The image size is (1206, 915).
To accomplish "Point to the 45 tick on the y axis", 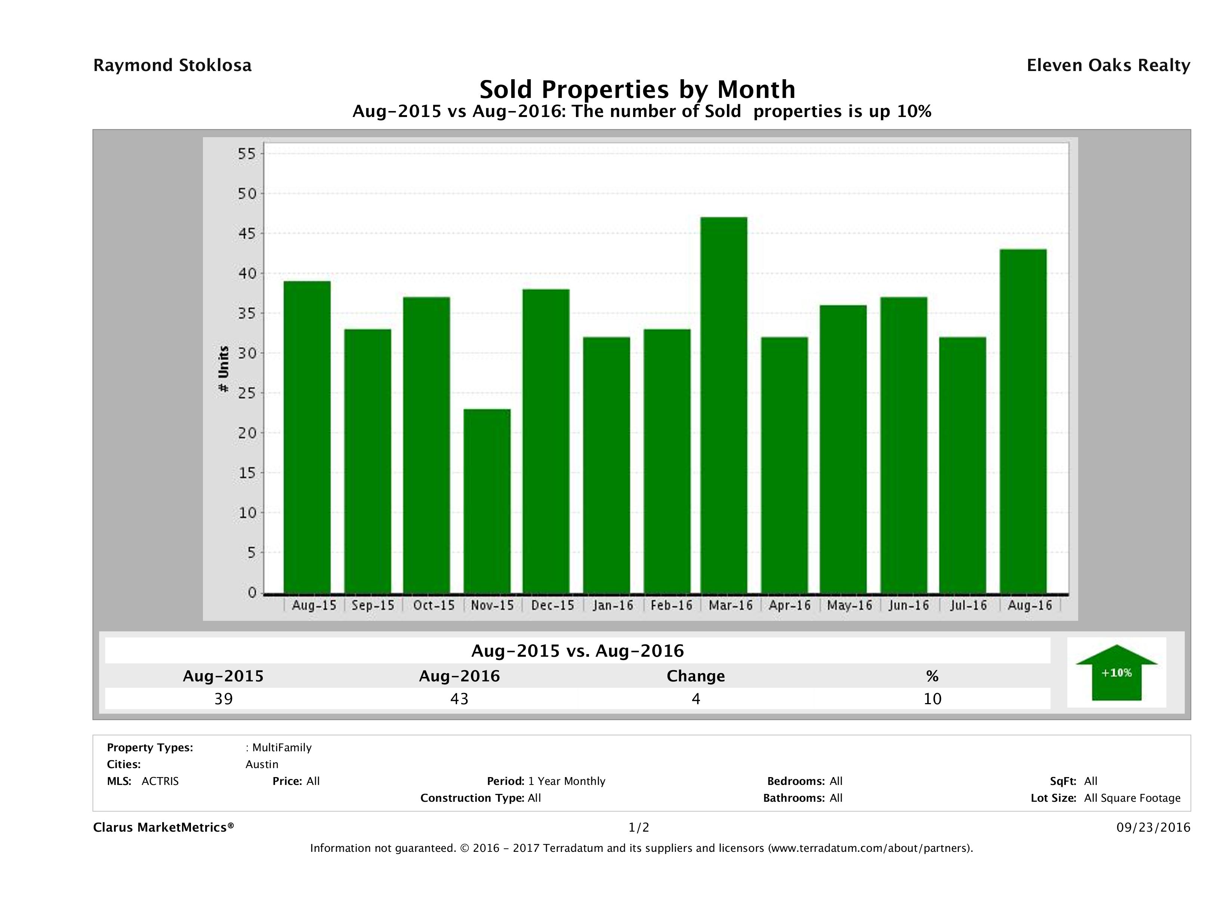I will point(246,233).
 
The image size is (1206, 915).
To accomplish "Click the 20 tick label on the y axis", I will point(246,433).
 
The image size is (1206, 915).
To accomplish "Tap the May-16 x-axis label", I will point(849,605).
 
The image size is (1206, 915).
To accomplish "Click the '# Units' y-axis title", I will point(223,369).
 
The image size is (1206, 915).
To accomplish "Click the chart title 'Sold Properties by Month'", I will point(637,89).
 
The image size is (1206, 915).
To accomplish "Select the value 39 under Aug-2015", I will point(223,699).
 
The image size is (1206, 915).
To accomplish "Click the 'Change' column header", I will point(696,676).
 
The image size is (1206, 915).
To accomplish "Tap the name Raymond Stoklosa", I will point(172,65).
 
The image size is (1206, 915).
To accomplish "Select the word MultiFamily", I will point(281,748).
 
